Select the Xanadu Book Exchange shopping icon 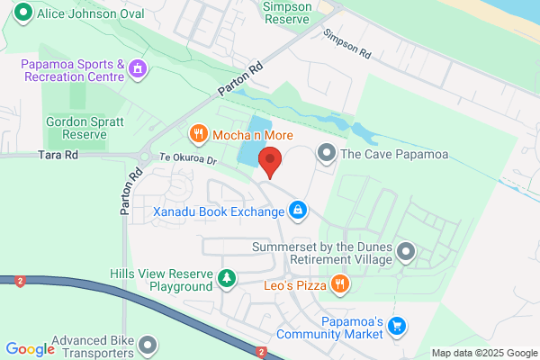pyautogui.click(x=297, y=211)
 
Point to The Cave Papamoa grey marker pyautogui.click(x=327, y=155)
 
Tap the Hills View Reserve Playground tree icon pyautogui.click(x=228, y=280)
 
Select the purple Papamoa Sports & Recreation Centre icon pyautogui.click(x=137, y=68)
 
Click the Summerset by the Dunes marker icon pyautogui.click(x=406, y=253)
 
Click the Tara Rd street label pyautogui.click(x=58, y=155)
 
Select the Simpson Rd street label pyautogui.click(x=347, y=46)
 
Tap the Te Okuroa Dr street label pyautogui.click(x=188, y=161)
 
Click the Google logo pyautogui.click(x=30, y=349)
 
